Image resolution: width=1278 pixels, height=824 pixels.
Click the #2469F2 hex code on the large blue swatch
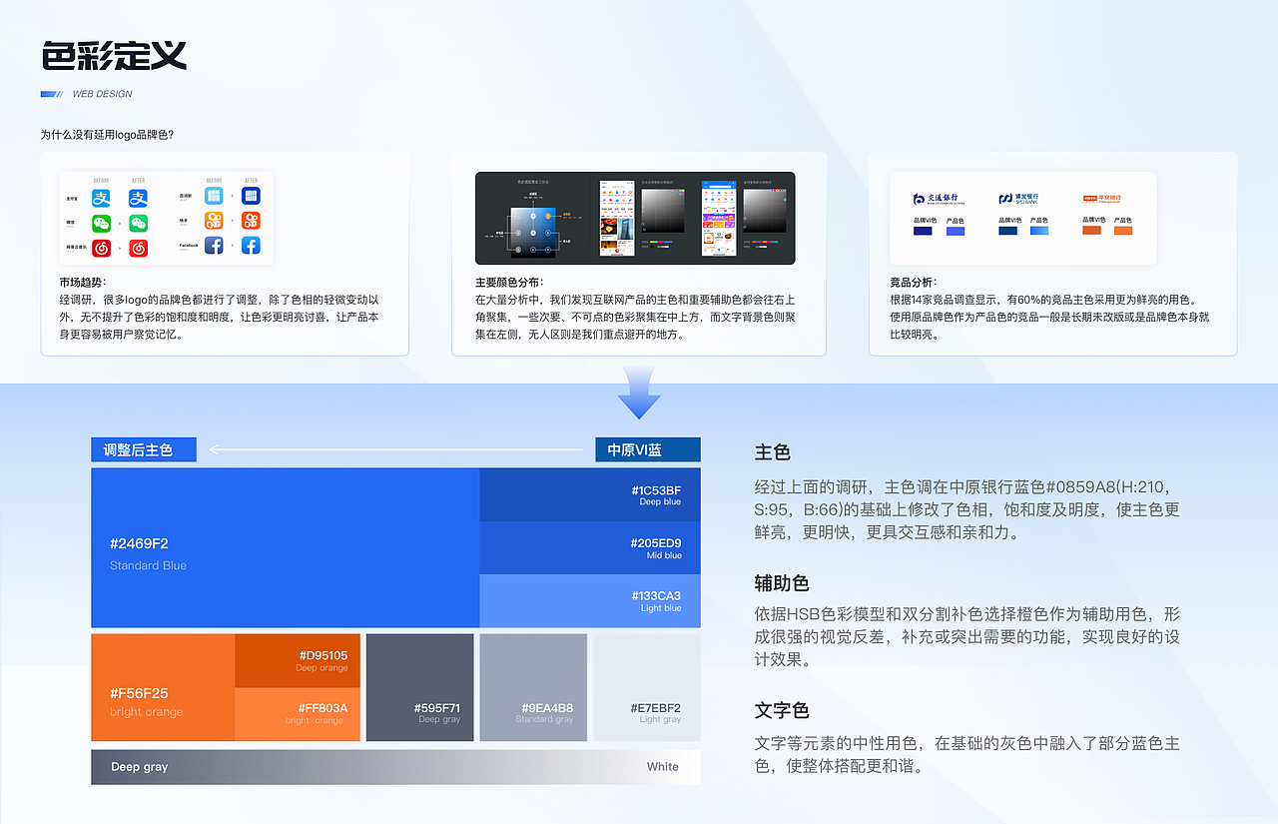point(139,544)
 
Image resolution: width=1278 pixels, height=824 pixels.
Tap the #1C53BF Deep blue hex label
point(656,490)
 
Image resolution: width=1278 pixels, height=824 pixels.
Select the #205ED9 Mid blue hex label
point(656,543)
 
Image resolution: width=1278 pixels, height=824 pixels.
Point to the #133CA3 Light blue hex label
point(656,596)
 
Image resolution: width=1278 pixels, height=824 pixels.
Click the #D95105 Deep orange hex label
point(322,655)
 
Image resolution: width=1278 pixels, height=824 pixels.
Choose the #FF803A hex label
point(322,708)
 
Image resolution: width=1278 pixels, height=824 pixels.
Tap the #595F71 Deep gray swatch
point(419,687)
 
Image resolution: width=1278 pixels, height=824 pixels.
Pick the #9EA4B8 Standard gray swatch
point(532,687)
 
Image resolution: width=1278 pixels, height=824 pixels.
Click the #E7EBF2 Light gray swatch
point(646,687)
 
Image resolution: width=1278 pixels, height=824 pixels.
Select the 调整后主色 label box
point(143,450)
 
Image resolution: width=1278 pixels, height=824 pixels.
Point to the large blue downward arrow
point(638,393)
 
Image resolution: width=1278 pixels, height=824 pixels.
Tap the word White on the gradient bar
point(662,767)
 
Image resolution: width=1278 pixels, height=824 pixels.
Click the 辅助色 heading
point(782,583)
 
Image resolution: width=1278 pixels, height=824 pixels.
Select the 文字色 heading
point(782,711)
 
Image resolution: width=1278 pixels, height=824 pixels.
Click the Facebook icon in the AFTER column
point(251,245)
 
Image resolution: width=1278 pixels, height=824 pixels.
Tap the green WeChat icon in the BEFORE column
point(102,223)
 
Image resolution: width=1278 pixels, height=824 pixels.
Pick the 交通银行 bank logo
point(939,199)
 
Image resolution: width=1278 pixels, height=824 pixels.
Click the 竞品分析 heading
point(914,283)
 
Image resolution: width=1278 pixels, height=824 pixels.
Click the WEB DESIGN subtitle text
point(102,94)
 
